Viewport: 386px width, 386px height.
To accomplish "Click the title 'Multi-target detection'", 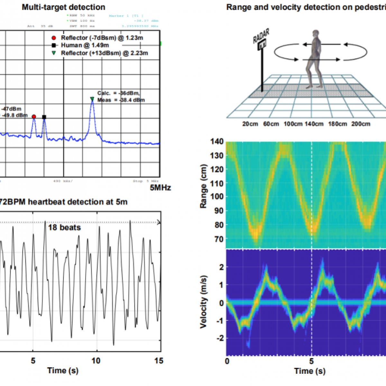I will pyautogui.click(x=63, y=7).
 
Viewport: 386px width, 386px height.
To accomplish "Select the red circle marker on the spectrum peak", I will pyautogui.click(x=34, y=116).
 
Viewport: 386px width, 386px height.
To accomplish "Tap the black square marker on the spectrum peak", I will pyautogui.click(x=44, y=117).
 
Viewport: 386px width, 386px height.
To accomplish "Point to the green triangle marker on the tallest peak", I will pyautogui.click(x=92, y=99).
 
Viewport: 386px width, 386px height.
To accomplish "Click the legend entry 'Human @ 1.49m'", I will pyautogui.click(x=85, y=45).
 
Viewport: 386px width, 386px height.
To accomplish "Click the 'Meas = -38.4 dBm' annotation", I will pyautogui.click(x=121, y=100).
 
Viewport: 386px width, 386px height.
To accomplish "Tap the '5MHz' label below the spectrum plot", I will pyautogui.click(x=160, y=188).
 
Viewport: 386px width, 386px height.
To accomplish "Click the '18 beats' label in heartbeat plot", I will pyautogui.click(x=64, y=227).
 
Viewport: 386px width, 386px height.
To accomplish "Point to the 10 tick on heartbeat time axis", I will pyautogui.click(x=96, y=361).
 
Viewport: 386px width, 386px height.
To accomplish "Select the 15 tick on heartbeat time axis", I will pyautogui.click(x=159, y=361).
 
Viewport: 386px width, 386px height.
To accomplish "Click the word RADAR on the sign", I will pyautogui.click(x=261, y=36).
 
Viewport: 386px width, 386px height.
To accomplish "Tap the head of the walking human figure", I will pyautogui.click(x=317, y=34).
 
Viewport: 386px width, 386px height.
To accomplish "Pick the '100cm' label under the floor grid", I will pyautogui.click(x=293, y=124).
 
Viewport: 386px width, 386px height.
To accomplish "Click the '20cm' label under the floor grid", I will pyautogui.click(x=250, y=124).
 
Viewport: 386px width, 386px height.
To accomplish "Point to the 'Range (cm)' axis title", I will pyautogui.click(x=203, y=187).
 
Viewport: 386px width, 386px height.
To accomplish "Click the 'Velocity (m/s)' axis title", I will pyautogui.click(x=203, y=301).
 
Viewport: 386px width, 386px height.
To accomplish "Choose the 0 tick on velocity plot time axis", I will pyautogui.click(x=227, y=361).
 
